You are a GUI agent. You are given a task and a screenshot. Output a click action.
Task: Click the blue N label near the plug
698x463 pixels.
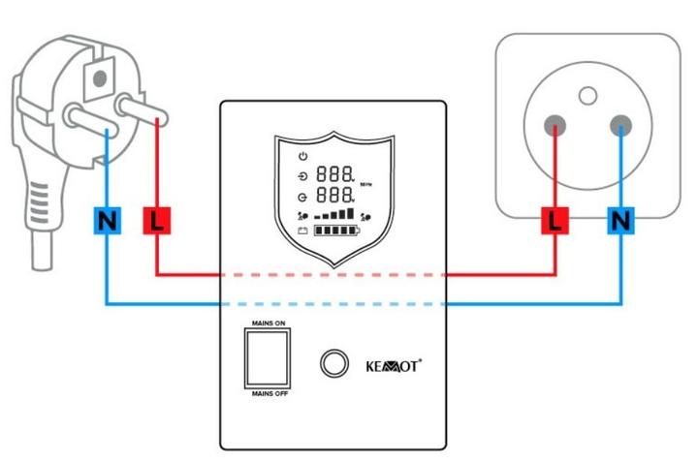[107, 221]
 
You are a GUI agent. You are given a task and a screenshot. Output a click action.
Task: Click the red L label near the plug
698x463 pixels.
[156, 221]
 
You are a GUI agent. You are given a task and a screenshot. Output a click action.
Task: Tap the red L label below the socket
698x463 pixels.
[555, 221]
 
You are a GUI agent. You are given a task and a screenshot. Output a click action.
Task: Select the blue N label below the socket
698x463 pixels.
[619, 221]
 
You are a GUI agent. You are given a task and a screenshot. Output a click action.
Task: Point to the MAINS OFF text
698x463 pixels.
[269, 394]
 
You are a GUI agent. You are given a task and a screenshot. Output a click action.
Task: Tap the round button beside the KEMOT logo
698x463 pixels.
[334, 363]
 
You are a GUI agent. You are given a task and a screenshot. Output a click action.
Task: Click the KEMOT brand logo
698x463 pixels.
[393, 365]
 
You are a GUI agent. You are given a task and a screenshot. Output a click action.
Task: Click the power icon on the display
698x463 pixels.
[302, 157]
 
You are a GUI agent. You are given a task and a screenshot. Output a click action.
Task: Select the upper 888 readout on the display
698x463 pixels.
[334, 175]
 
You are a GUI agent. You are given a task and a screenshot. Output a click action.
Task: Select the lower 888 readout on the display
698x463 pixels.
[334, 197]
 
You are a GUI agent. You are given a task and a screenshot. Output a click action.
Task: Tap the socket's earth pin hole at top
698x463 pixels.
[587, 95]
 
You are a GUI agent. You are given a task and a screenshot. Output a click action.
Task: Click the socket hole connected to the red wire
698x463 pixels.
[555, 125]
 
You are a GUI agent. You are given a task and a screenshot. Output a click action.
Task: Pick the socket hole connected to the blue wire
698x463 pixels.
[619, 125]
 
